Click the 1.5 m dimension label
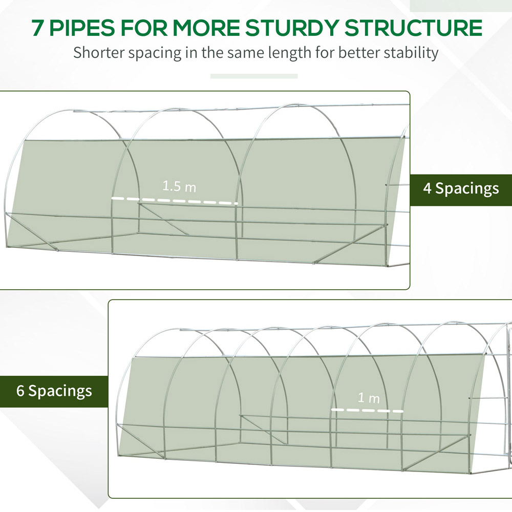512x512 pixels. click(x=179, y=186)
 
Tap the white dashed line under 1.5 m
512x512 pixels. click(x=175, y=201)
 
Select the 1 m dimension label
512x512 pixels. click(x=368, y=398)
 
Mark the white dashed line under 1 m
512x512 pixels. click(x=367, y=410)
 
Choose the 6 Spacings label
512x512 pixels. click(x=54, y=391)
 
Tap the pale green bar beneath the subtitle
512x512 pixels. click(x=254, y=76)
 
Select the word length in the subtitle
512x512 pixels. click(x=282, y=53)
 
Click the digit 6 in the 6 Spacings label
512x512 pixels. click(x=20, y=391)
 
